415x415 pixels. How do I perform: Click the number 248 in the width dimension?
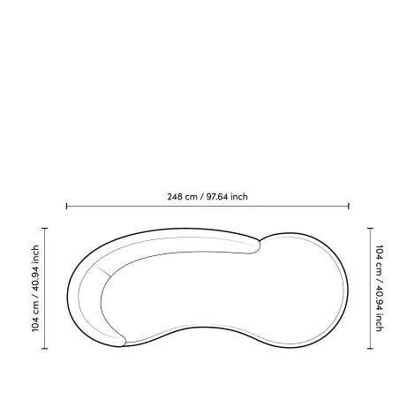point(175,197)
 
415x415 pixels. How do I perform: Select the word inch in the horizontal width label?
point(239,197)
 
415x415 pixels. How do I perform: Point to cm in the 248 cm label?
point(191,197)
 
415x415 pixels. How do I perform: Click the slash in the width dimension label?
point(201,197)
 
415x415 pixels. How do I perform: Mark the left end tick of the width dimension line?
point(66,206)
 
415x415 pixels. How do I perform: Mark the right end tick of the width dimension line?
point(349,206)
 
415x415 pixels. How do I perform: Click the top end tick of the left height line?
point(45,228)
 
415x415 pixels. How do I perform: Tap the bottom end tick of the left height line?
point(45,349)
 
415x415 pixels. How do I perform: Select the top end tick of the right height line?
point(370,228)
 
